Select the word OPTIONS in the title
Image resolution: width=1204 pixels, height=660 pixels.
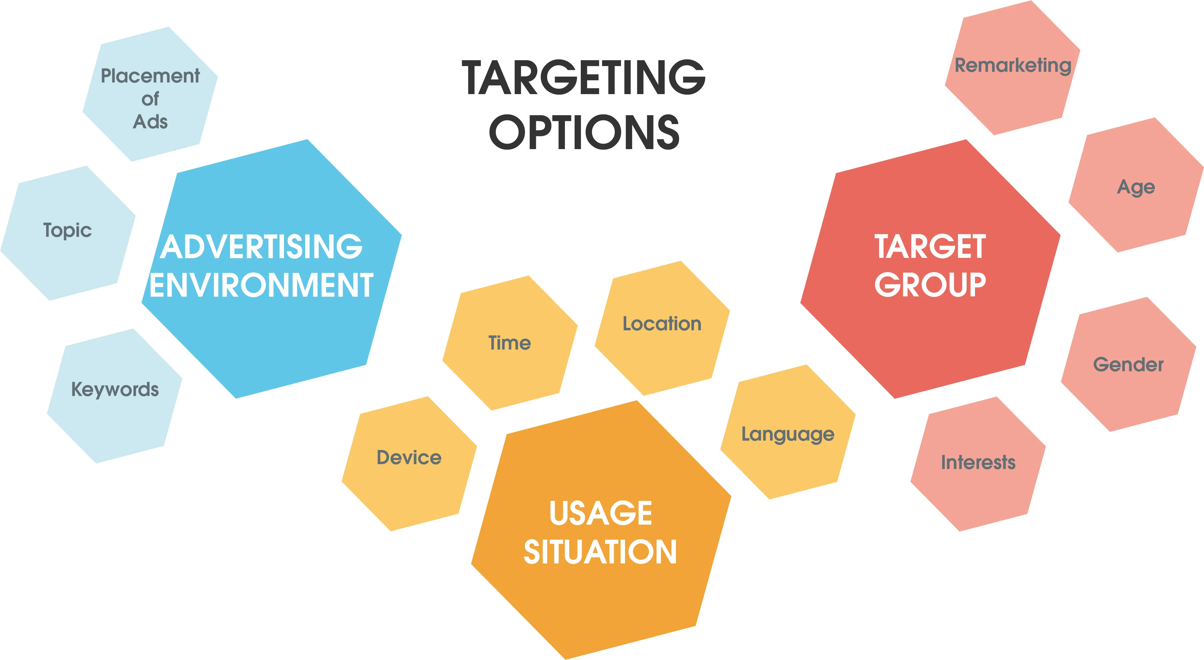pyautogui.click(x=584, y=132)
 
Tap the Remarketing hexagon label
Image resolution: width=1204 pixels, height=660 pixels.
pyautogui.click(x=1012, y=65)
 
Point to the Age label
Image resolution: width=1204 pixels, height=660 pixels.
pyautogui.click(x=1136, y=187)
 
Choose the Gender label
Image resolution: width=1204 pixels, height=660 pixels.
pyautogui.click(x=1128, y=365)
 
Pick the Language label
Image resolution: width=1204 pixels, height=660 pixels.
pyautogui.click(x=788, y=435)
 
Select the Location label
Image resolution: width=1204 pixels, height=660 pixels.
pyautogui.click(x=662, y=324)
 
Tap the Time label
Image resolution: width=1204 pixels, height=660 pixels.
pyautogui.click(x=509, y=343)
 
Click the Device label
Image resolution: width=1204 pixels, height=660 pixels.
pyautogui.click(x=409, y=457)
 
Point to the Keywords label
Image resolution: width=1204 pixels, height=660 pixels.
pyautogui.click(x=115, y=390)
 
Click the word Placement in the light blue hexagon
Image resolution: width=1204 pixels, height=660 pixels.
pyautogui.click(x=150, y=76)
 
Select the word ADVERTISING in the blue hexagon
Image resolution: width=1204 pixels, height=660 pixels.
pyautogui.click(x=261, y=247)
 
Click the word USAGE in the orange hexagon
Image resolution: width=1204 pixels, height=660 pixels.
pyautogui.click(x=601, y=513)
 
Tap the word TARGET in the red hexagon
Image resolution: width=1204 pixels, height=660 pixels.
pyautogui.click(x=930, y=247)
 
